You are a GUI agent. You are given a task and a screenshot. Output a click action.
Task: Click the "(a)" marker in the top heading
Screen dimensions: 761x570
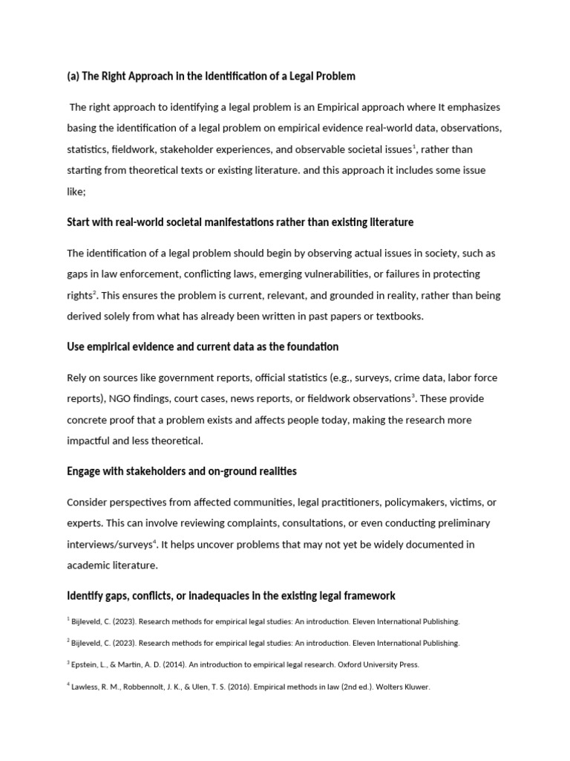[73, 76]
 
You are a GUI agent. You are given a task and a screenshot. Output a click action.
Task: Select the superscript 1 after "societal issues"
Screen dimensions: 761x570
[414, 146]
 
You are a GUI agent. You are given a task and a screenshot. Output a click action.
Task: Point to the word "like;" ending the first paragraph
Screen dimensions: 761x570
[76, 191]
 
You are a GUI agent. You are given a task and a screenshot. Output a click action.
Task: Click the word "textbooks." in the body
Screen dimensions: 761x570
[398, 316]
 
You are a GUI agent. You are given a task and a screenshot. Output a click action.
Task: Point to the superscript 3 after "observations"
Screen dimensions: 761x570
[413, 395]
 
